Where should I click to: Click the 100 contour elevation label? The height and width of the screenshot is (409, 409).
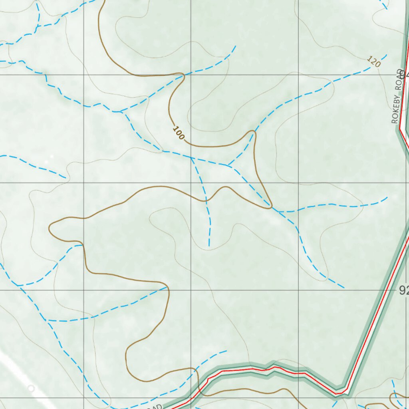pyautogui.click(x=179, y=133)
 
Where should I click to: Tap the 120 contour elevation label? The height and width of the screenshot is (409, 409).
pyautogui.click(x=373, y=62)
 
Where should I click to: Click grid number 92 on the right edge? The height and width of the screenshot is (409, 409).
pyautogui.click(x=404, y=291)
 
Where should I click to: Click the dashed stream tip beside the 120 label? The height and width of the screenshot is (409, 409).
pyautogui.click(x=386, y=55)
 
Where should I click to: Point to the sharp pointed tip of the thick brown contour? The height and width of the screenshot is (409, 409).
pyautogui.click(x=271, y=208)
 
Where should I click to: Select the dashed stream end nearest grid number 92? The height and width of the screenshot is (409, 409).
pyautogui.click(x=343, y=287)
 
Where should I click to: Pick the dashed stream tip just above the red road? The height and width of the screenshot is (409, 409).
pyautogui.click(x=226, y=351)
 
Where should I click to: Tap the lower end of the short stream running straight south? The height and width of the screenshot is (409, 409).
pyautogui.click(x=209, y=246)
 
